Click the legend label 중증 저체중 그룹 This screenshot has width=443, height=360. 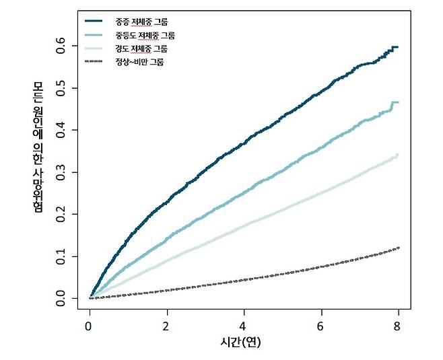pos(141,22)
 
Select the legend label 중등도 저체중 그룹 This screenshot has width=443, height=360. pos(145,35)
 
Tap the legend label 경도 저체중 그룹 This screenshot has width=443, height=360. pos(141,49)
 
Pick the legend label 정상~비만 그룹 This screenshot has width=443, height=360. pos(139,62)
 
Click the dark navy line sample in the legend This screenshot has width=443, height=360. pos(94,21)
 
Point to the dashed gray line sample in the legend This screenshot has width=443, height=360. pos(94,61)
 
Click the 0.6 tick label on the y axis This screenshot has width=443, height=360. pos(60,46)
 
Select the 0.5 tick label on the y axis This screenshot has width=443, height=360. pos(60,88)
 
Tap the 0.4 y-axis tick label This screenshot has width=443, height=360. pos(60,130)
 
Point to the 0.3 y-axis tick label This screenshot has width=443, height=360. pos(60,172)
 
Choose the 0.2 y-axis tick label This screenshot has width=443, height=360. pos(60,214)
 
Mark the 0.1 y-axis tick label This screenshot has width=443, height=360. pos(60,256)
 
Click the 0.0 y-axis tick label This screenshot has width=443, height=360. pos(60,299)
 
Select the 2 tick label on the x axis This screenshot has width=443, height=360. pos(166,326)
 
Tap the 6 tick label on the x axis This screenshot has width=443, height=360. pos(320,326)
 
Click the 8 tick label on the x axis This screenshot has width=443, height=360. pos(397,326)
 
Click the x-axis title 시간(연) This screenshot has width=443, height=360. pos(240,343)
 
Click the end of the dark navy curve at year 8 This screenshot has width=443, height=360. pos(398,47)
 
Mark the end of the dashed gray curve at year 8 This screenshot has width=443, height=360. pos(399,248)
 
